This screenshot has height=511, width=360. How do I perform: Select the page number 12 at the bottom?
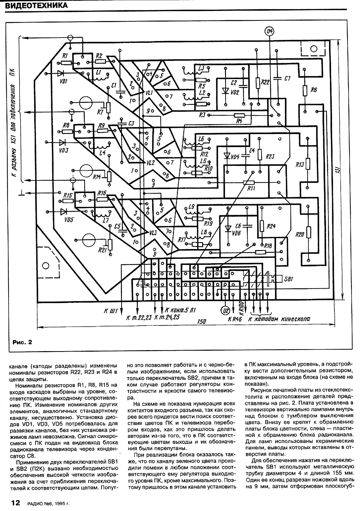(16, 503)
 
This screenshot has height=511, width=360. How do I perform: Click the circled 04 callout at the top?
(270, 31)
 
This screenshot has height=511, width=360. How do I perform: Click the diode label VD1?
(64, 81)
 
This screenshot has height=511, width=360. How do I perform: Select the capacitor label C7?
(287, 79)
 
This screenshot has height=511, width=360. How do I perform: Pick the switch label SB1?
(288, 279)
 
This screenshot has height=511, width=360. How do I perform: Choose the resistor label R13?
(300, 164)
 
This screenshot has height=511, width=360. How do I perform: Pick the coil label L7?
(106, 221)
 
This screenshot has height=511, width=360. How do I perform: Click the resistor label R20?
(300, 235)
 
